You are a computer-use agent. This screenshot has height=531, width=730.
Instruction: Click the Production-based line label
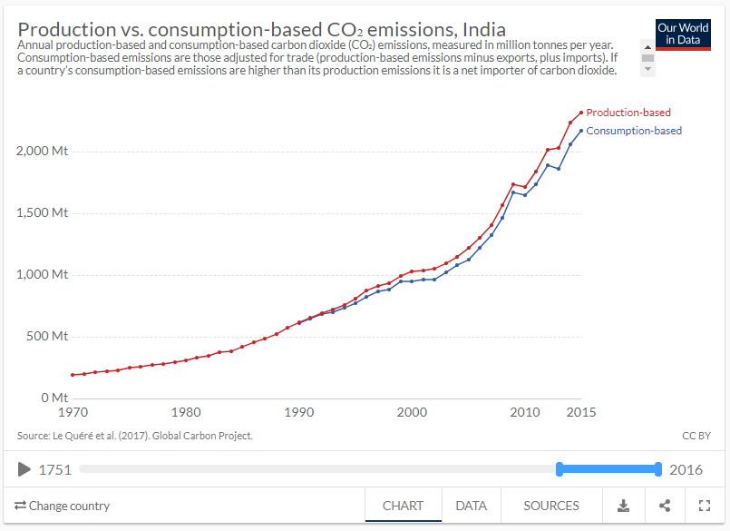(628, 113)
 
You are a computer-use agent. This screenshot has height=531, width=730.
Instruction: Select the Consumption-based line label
(634, 131)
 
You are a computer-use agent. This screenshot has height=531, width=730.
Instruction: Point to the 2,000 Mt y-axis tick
(42, 152)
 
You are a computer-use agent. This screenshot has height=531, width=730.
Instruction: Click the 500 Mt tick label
(47, 336)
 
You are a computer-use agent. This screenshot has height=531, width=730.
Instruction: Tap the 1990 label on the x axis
(299, 412)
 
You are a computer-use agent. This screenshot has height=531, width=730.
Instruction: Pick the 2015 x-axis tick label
(581, 412)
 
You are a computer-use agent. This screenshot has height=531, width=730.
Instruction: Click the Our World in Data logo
(684, 34)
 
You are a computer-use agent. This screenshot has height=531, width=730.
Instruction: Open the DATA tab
(471, 506)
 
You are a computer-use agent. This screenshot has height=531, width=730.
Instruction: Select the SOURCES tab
(551, 506)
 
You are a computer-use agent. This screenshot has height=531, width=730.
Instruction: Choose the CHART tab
(404, 506)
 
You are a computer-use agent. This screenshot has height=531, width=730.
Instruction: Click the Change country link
(63, 506)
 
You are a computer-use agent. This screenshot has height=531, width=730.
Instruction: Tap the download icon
(624, 506)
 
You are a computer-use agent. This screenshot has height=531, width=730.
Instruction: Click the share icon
(665, 506)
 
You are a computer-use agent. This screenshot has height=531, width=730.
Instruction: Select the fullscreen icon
(705, 506)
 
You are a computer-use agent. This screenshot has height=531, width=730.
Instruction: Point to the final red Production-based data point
(581, 113)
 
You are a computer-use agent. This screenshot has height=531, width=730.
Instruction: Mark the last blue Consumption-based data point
(581, 131)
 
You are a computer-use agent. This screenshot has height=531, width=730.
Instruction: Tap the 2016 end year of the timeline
(685, 470)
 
